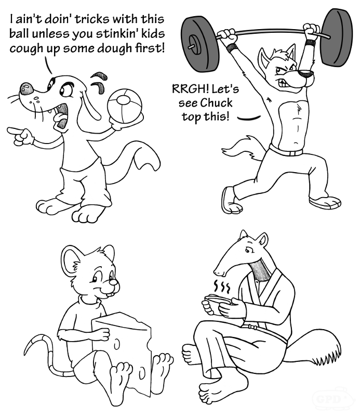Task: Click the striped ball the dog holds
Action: [125, 106]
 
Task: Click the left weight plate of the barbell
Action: [200, 44]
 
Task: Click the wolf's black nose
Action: [306, 72]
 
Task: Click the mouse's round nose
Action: [113, 282]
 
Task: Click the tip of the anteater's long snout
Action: [217, 272]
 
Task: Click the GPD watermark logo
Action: [332, 399]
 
